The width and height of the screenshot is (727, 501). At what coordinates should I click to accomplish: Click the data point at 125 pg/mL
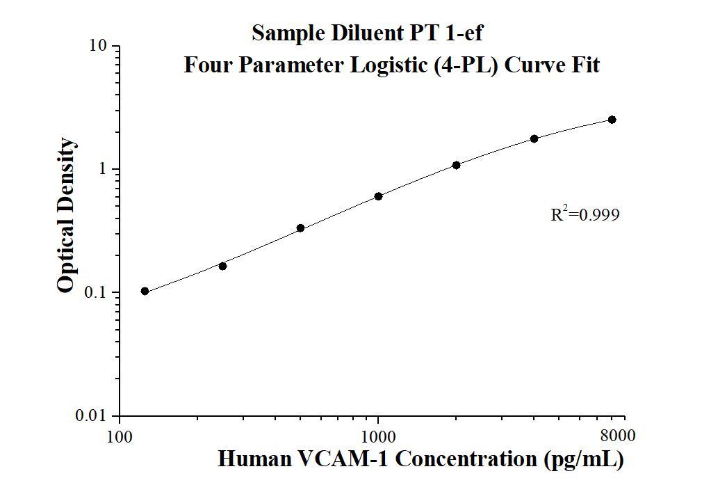pos(145,291)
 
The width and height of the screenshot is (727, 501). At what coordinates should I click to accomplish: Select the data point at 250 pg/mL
pos(222,266)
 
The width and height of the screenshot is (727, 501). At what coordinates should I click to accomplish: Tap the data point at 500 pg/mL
pos(300,228)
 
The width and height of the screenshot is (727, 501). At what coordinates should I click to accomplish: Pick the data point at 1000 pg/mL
pos(378,196)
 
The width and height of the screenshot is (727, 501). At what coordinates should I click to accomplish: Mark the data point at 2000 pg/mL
pos(456,165)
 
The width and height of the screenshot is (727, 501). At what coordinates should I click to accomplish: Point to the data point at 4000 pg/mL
pos(534,138)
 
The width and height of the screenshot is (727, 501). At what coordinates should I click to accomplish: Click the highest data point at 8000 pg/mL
pos(612,120)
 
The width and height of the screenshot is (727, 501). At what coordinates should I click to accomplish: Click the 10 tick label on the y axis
pos(98,46)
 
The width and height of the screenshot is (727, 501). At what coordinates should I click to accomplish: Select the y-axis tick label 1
pos(103,169)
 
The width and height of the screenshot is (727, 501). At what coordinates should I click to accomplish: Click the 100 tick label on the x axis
pos(120,437)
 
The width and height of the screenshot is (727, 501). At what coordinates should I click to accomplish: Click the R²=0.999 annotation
pos(585,214)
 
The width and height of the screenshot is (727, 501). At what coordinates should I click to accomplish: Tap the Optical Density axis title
pos(66,216)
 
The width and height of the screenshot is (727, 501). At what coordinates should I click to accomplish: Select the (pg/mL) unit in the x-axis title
pos(585,460)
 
